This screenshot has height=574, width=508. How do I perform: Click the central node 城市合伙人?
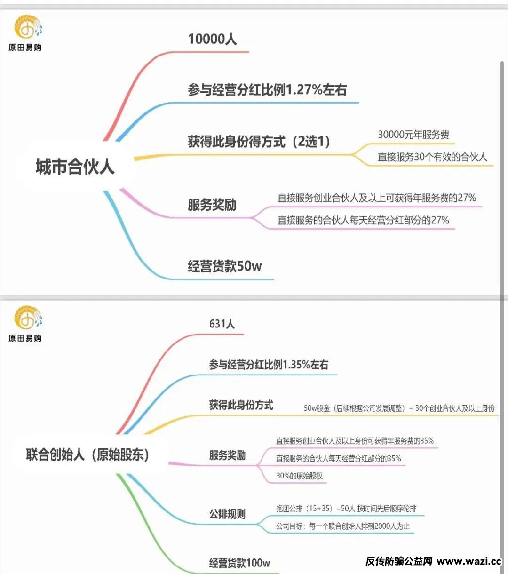coord(75,166)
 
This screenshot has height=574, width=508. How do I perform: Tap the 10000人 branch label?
coord(213,39)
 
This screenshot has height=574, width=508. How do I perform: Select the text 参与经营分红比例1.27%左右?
coord(267,89)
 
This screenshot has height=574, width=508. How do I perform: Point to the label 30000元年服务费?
coord(413,134)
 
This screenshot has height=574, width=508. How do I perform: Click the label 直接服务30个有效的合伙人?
coord(432,157)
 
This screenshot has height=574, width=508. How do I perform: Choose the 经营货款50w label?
coord(225,266)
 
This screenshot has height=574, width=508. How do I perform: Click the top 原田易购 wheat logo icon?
coord(28,27)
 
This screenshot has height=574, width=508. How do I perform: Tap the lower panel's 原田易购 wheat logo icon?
coord(28,317)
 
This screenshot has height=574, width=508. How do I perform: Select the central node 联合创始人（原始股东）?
coord(88,454)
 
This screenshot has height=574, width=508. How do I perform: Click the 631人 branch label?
coord(222,324)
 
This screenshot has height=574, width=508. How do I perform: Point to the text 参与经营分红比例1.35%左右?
coord(269,365)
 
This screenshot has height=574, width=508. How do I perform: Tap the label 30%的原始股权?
coord(300,476)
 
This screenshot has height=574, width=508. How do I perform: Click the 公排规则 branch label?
coord(228,514)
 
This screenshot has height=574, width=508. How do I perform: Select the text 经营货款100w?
coord(240,563)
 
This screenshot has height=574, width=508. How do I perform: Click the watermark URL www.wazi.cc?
coord(469,561)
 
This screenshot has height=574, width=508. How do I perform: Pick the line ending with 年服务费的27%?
coord(377,198)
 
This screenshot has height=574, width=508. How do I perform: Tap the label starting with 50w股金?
coord(399,408)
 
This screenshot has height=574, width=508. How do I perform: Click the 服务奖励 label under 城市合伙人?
coord(212,205)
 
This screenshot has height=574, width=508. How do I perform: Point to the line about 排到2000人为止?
coord(343,526)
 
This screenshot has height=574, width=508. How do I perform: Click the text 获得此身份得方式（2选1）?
coord(259,141)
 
